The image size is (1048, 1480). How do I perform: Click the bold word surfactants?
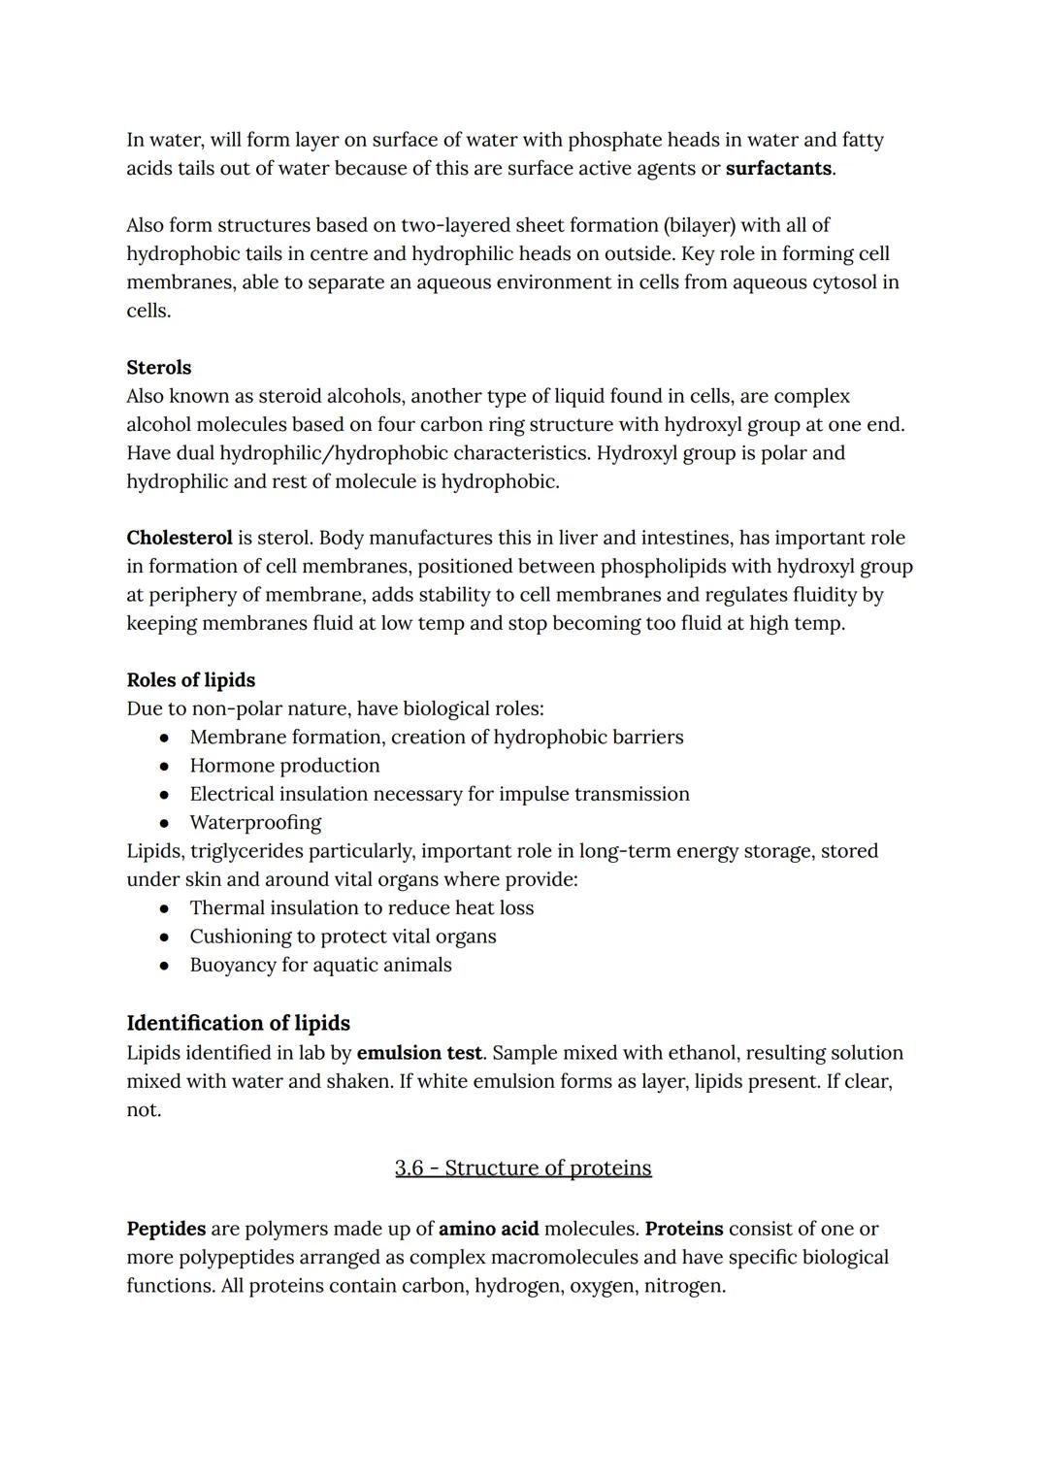pos(778,169)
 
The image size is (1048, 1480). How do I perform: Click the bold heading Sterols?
pos(159,368)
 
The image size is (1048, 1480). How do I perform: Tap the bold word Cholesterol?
pos(180,538)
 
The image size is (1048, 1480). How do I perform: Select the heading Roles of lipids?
pos(191,680)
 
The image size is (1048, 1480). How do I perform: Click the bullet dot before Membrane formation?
pos(165,738)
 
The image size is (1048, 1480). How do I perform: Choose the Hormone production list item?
pos(284,766)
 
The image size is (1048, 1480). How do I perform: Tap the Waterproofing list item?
pos(255,823)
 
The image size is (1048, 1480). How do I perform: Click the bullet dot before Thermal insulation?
pos(165,908)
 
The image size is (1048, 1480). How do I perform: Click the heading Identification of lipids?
pos(239,1023)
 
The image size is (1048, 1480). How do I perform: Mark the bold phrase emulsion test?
pos(419,1053)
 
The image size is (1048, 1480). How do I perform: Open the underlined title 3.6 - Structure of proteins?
pos(523,1168)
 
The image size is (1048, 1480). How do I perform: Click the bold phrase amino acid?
pos(488,1229)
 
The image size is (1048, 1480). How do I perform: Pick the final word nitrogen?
pos(683,1286)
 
